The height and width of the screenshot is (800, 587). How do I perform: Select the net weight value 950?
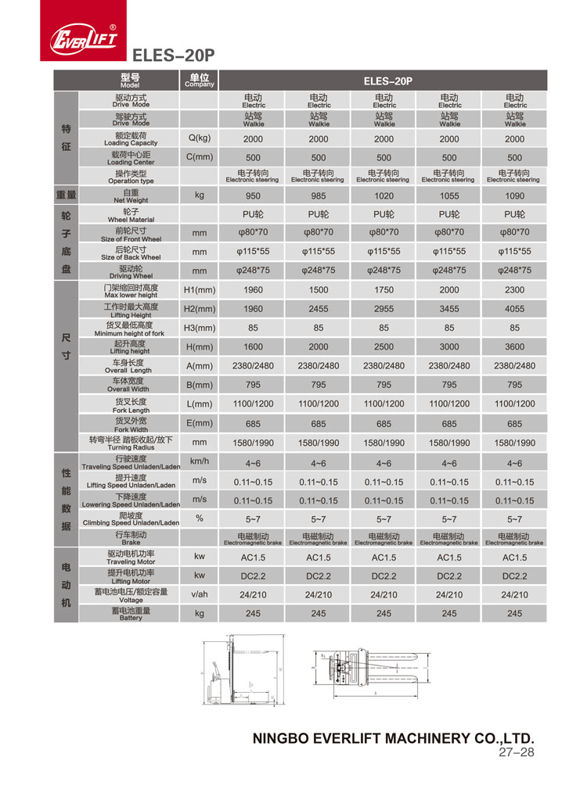point(254,196)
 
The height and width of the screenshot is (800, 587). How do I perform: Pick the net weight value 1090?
point(514,196)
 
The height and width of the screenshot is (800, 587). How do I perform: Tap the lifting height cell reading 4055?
point(514,309)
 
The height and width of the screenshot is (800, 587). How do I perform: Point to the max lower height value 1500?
point(319,290)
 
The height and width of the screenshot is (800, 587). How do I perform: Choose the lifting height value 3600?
point(514,346)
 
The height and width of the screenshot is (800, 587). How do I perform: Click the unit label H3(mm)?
point(199,328)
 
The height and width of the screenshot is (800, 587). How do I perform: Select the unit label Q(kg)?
point(199,138)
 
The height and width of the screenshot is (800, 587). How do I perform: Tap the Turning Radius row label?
point(131,443)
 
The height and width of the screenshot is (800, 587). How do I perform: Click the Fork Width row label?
point(131,424)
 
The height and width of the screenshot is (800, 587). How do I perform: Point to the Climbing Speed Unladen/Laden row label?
point(131,518)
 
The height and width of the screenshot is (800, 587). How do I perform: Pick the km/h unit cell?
point(199,461)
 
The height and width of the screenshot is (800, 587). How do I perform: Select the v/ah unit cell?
point(199,594)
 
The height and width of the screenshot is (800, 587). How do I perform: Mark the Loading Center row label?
point(131,158)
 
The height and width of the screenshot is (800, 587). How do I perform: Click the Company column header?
point(199,81)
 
